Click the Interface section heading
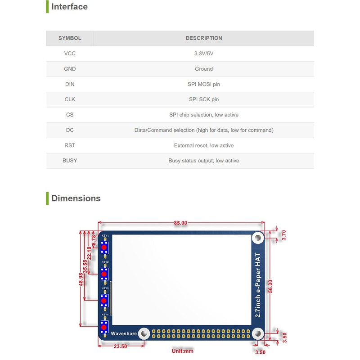pyautogui.click(x=69, y=7)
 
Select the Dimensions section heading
pyautogui.click(x=76, y=198)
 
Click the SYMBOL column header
pyautogui.click(x=70, y=38)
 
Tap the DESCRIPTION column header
pyautogui.click(x=203, y=38)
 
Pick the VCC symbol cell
pyautogui.click(x=70, y=54)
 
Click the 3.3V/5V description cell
pyautogui.click(x=203, y=54)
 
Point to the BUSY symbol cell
pyautogui.click(x=70, y=161)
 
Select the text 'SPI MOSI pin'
pyautogui.click(x=203, y=84)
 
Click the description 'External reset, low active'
pyautogui.click(x=203, y=145)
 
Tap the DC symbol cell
pyautogui.click(x=70, y=130)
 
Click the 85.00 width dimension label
pyautogui.click(x=181, y=223)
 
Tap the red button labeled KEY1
pyautogui.click(x=104, y=247)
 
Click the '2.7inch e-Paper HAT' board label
pyautogui.click(x=258, y=285)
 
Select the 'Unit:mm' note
pyautogui.click(x=182, y=351)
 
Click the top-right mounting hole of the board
pyautogui.click(x=258, y=238)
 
